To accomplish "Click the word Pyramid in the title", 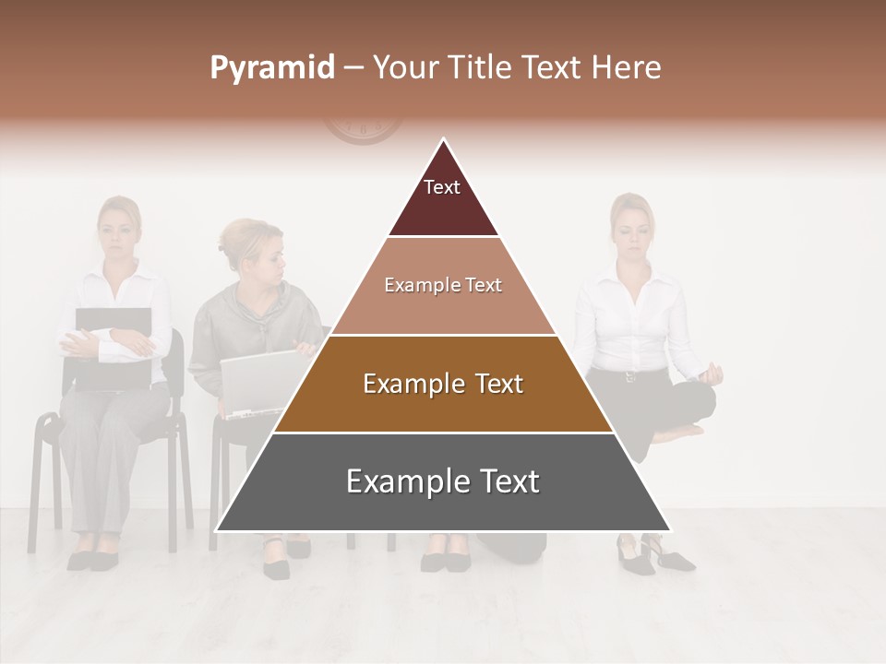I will point(272,68).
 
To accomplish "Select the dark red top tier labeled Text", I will point(443,198).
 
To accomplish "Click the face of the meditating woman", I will point(631,226).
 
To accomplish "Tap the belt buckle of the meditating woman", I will point(631,376).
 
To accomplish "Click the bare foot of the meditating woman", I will point(678,432).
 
